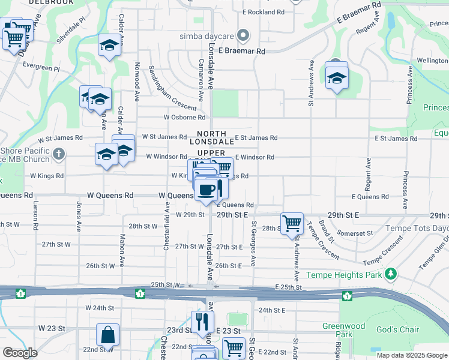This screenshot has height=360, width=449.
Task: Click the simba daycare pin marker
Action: click(x=243, y=36)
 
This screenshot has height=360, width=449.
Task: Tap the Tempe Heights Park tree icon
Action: click(x=391, y=274)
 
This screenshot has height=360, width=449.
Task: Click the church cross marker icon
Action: click(x=58, y=154)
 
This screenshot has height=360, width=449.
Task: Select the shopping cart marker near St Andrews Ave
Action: click(x=292, y=223)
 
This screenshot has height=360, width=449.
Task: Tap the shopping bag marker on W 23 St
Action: click(x=107, y=334)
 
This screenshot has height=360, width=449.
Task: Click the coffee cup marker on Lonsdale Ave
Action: click(x=206, y=190)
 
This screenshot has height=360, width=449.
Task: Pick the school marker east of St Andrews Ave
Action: click(x=337, y=76)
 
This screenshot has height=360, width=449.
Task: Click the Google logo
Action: click(x=20, y=353)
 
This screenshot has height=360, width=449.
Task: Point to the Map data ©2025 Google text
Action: click(x=412, y=355)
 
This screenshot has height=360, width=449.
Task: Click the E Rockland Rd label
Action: click(x=264, y=12)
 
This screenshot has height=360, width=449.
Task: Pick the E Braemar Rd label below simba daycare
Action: click(x=242, y=52)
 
